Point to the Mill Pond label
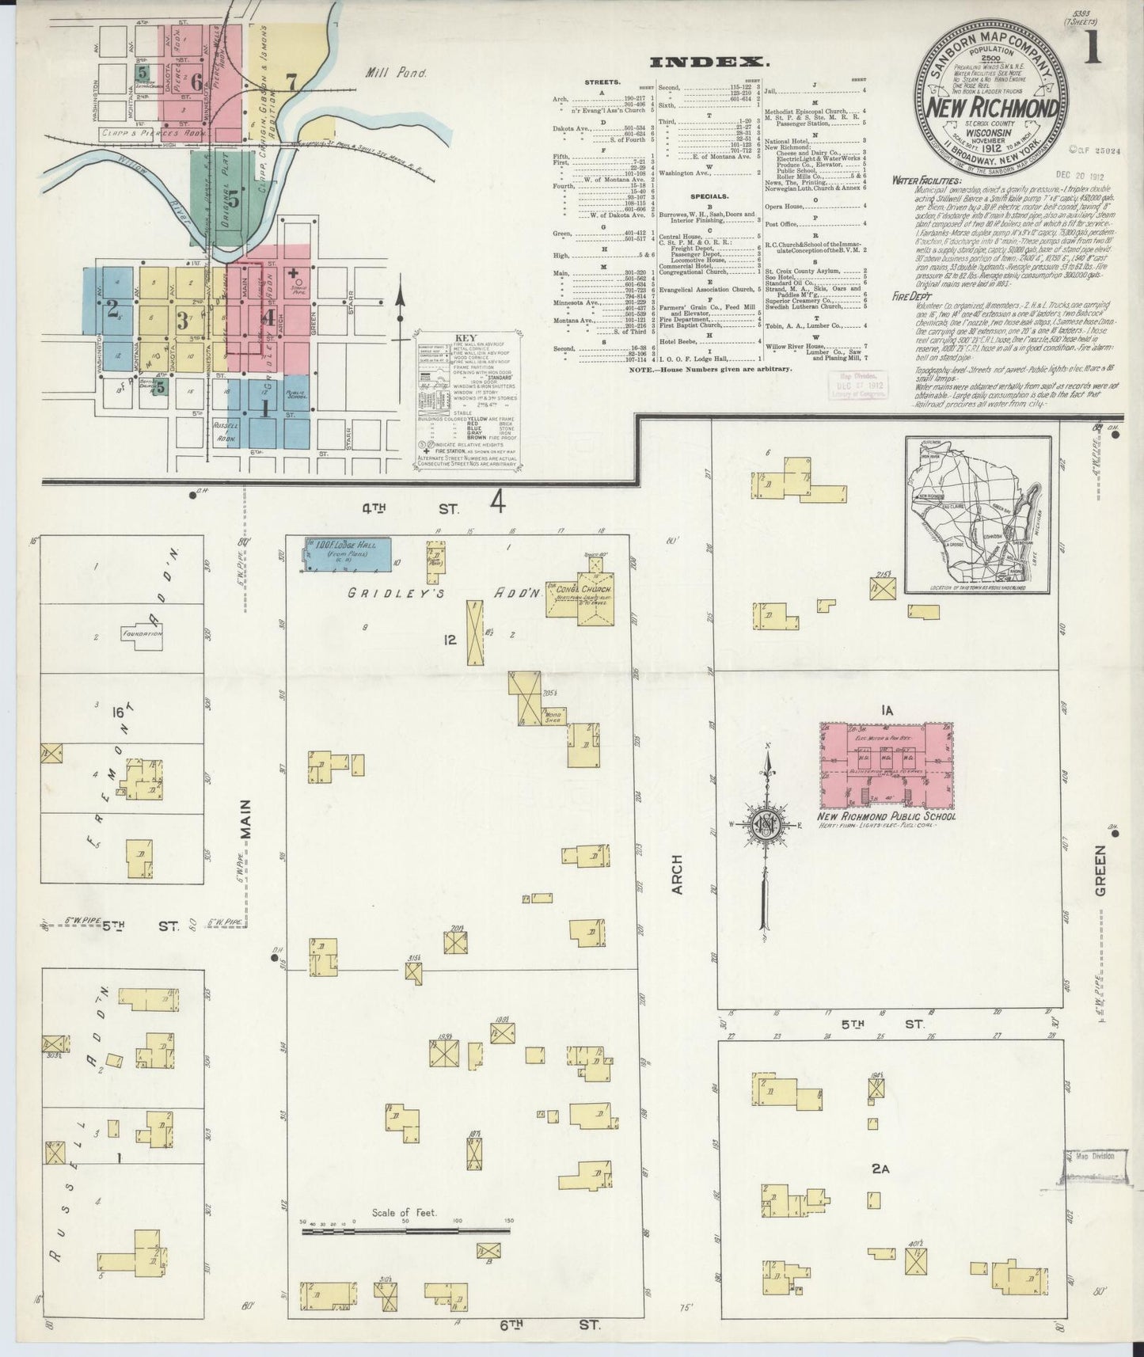tap(395, 73)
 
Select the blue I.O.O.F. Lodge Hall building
tap(347, 553)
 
